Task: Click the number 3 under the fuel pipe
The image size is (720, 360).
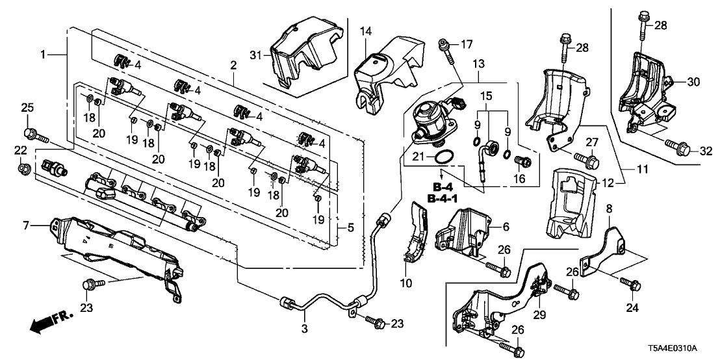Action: tap(305, 328)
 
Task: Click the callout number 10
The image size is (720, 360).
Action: tap(406, 284)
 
